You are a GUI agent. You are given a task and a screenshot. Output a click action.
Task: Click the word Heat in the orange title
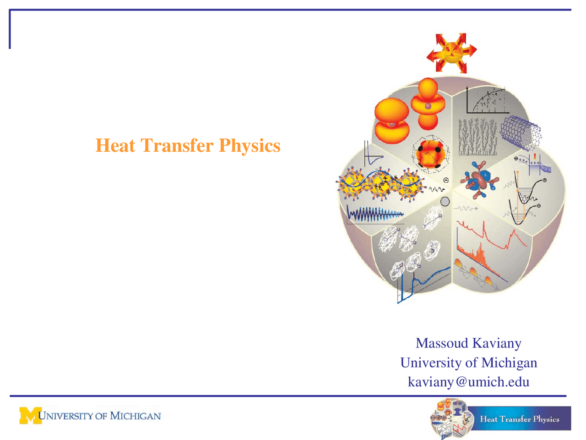[115, 146]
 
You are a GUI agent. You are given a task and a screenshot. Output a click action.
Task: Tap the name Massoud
[441, 343]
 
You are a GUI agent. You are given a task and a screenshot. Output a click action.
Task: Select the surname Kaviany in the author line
[497, 343]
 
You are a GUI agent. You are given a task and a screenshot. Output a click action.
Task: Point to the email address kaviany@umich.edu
[468, 382]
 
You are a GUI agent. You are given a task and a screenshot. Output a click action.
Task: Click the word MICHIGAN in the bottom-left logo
[136, 416]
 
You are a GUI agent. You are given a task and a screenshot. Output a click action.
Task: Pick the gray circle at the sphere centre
[445, 201]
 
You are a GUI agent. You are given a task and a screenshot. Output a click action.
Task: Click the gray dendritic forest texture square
[477, 137]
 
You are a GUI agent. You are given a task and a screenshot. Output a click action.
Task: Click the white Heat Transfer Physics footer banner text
[520, 419]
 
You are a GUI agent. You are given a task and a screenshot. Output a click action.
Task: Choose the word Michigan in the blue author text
[509, 363]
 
